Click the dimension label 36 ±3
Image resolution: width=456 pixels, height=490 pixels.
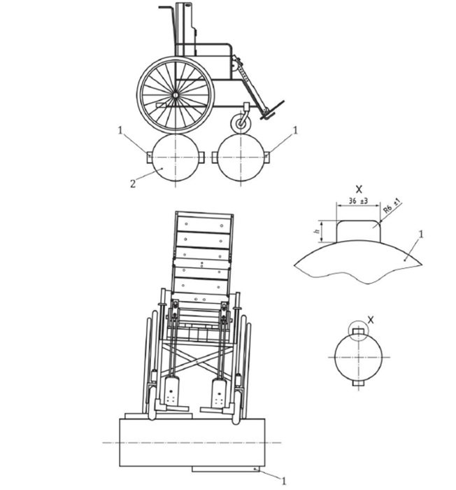click(x=358, y=201)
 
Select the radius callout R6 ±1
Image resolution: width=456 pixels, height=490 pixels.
click(x=392, y=207)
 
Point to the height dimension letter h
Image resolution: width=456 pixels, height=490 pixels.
click(x=317, y=231)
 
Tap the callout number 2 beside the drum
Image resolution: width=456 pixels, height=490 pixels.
click(x=133, y=183)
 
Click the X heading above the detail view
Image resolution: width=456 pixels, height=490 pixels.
click(x=359, y=189)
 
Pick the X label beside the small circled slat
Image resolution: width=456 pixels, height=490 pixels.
click(x=371, y=320)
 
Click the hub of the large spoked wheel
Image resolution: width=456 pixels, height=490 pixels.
click(x=176, y=94)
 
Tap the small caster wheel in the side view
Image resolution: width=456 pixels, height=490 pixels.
click(x=241, y=122)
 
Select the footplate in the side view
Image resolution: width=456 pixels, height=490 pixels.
click(x=272, y=110)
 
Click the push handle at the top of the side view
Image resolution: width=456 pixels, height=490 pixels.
click(x=166, y=7)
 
